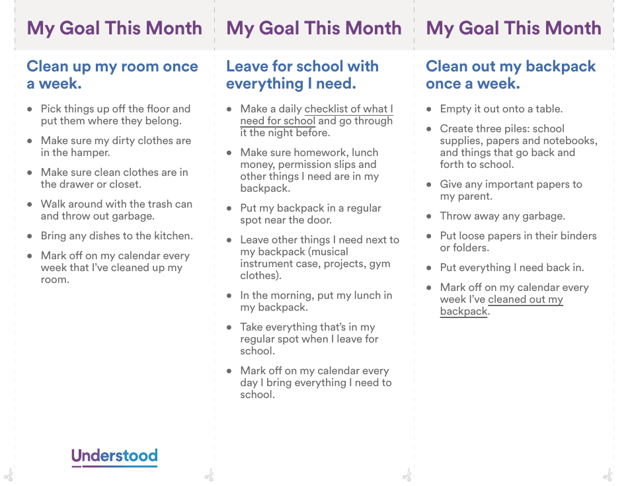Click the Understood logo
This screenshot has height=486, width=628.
(114, 456)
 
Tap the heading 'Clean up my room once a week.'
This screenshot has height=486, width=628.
(112, 75)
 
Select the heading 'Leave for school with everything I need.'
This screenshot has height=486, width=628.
(302, 75)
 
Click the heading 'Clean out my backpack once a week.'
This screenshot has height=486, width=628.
(510, 75)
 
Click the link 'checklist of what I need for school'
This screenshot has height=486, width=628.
(348, 109)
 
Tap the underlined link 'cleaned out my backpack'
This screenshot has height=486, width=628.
(526, 300)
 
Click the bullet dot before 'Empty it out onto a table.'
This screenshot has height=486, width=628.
(428, 109)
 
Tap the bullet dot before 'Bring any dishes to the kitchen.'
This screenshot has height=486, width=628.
(29, 236)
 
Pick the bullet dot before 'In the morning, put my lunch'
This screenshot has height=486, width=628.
(229, 296)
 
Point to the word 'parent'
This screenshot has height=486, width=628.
(474, 196)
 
